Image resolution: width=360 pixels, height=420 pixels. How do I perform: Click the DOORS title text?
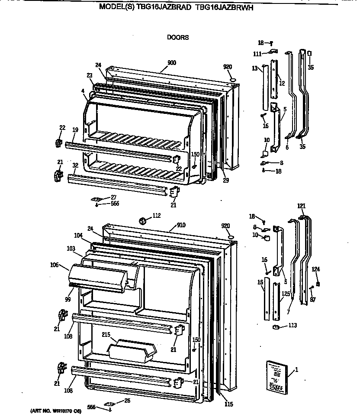(178, 37)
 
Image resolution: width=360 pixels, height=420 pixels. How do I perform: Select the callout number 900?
(171, 63)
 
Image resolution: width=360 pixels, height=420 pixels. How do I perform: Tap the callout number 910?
(182, 226)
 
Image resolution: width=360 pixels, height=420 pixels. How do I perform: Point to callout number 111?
(257, 54)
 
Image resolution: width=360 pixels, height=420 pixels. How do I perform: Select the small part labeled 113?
(274, 327)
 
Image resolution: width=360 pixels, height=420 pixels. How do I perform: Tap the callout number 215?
(106, 334)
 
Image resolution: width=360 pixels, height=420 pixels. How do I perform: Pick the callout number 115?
(228, 404)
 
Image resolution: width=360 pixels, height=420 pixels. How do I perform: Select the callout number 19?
(75, 129)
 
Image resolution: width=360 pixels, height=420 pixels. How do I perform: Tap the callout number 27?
(113, 197)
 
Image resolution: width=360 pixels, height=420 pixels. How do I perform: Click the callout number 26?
(127, 401)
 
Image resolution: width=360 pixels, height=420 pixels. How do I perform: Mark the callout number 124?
(316, 269)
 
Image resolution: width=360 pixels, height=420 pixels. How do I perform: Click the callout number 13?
(255, 68)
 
